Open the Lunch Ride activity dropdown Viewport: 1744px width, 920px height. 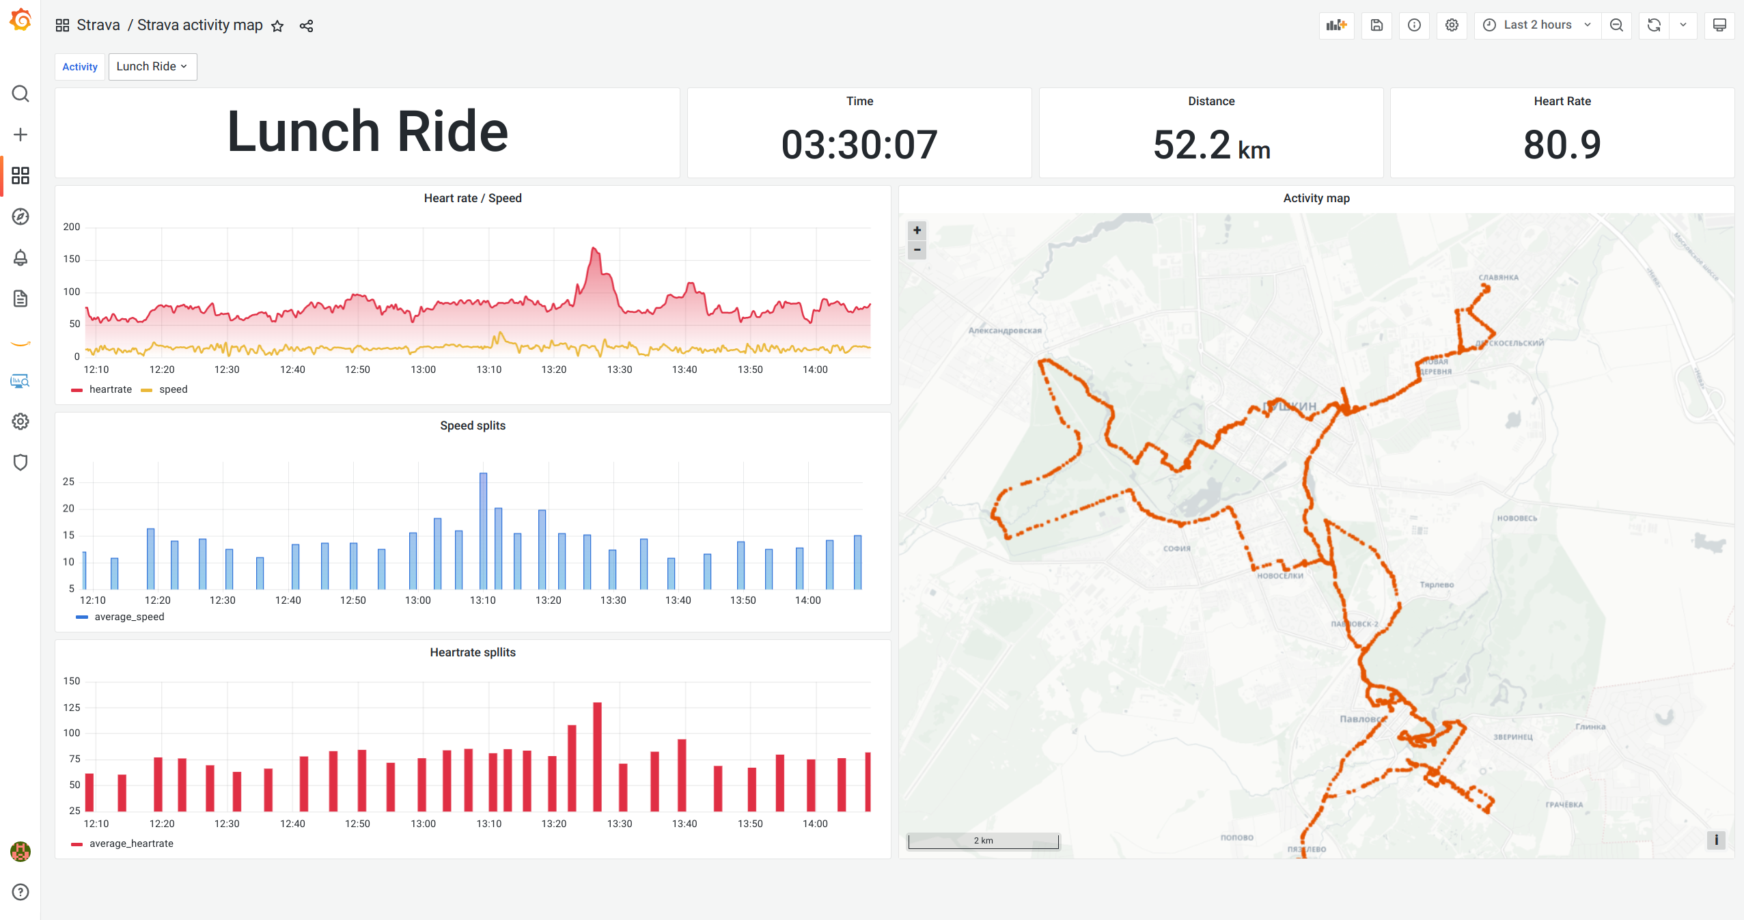click(x=152, y=66)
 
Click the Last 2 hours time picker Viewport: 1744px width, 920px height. click(x=1537, y=25)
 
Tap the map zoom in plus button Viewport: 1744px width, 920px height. click(x=917, y=230)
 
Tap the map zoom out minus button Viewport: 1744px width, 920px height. click(x=917, y=250)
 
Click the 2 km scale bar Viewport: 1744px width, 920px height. click(x=983, y=841)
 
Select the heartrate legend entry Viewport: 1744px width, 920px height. click(x=110, y=389)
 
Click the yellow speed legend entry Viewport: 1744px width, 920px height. click(x=173, y=389)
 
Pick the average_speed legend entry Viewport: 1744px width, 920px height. click(x=129, y=617)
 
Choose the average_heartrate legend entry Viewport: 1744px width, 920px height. click(x=131, y=844)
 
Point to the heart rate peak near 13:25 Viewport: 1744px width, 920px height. click(x=594, y=249)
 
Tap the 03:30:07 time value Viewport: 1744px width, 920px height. click(x=859, y=145)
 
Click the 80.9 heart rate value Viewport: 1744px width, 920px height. click(x=1562, y=145)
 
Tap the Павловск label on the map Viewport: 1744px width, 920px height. click(x=1362, y=719)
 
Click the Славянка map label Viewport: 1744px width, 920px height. click(x=1498, y=277)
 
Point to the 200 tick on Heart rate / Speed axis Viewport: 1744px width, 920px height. click(x=72, y=227)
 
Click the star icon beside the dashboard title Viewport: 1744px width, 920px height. click(x=277, y=26)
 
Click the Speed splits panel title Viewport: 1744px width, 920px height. click(x=473, y=426)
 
